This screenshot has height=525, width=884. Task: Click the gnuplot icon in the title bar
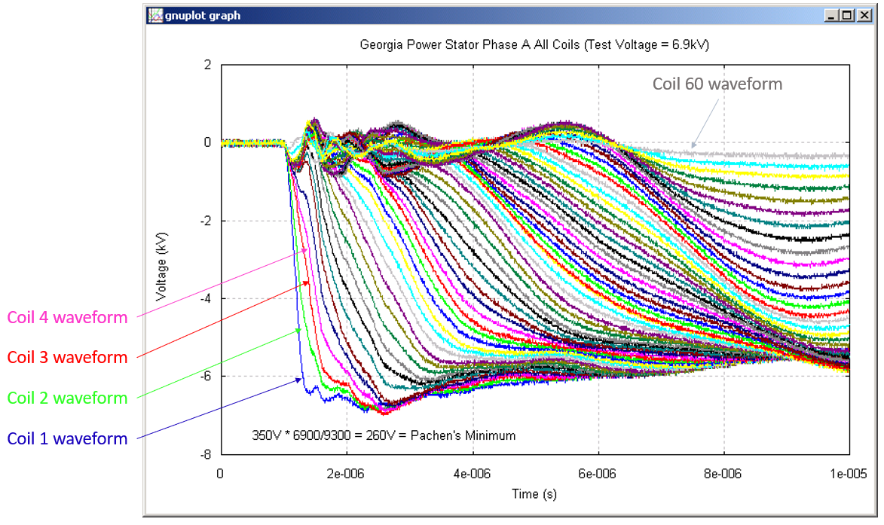tap(156, 15)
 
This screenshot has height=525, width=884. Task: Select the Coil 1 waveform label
tap(68, 438)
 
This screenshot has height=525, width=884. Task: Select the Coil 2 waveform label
tap(68, 398)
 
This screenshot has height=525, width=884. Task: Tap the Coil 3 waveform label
tap(68, 357)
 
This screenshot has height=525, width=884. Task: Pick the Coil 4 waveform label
tap(68, 318)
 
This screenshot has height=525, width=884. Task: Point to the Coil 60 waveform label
tap(717, 84)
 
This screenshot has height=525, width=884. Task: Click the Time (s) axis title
tap(535, 494)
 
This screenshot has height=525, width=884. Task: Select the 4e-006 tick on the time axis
tap(473, 474)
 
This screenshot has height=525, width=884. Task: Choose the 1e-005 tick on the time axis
tap(849, 474)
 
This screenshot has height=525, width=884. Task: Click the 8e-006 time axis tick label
tap(724, 474)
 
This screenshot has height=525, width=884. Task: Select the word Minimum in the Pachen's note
tap(491, 435)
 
